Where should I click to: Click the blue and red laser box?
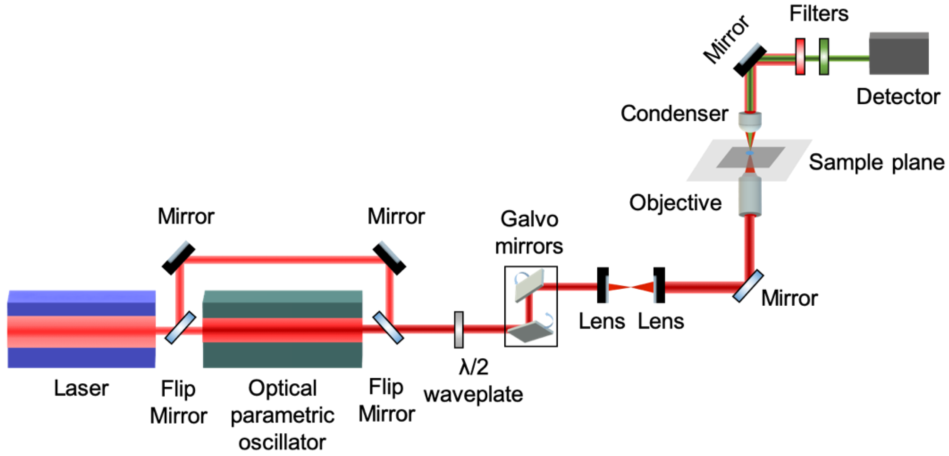[81, 329]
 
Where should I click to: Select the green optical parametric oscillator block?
[282, 329]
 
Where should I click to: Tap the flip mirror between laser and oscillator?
[180, 327]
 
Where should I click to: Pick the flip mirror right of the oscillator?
[388, 327]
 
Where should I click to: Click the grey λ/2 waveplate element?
[459, 330]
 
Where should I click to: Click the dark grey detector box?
[899, 53]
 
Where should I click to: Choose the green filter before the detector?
[824, 57]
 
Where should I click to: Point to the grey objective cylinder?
[750, 195]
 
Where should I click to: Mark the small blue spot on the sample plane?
[749, 153]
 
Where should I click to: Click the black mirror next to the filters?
[750, 60]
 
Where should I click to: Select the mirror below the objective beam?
[748, 286]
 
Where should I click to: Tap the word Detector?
[898, 97]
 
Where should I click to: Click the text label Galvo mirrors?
[529, 232]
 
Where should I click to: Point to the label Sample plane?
[876, 162]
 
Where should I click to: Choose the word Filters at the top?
[819, 14]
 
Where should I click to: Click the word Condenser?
[674, 114]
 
